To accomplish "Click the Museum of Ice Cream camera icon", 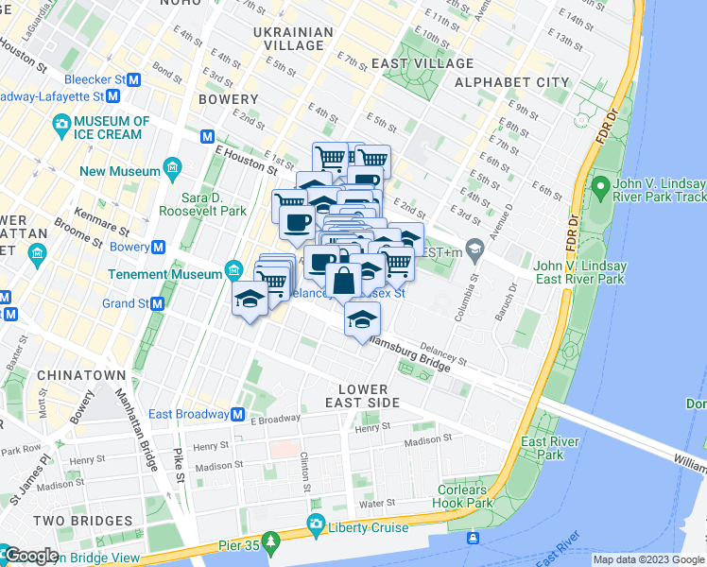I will click(62, 124).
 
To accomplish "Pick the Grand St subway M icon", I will click(157, 304).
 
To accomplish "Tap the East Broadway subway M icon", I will click(238, 414).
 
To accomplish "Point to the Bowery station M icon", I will click(159, 248).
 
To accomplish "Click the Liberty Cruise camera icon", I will click(316, 524).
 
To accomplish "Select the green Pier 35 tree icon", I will click(271, 541).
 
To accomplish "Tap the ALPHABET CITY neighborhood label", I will click(512, 82).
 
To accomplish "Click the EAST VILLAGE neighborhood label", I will click(422, 63).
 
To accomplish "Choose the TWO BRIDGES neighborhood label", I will click(82, 521).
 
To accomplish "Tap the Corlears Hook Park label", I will click(465, 496).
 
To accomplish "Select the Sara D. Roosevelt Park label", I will click(216, 205).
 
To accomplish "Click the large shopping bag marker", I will click(342, 280).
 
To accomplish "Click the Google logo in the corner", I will click(30, 556).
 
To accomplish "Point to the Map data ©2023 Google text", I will click(647, 559).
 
